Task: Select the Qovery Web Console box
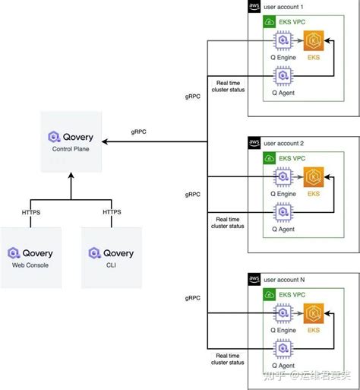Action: click(30, 257)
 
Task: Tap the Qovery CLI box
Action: click(111, 257)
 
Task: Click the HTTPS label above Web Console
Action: click(30, 211)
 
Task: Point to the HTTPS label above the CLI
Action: click(111, 211)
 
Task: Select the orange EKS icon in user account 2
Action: click(313, 178)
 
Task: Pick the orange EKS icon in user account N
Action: click(313, 314)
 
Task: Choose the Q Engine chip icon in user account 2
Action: click(283, 178)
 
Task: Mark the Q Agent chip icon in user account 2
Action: click(283, 214)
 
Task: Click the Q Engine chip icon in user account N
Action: click(283, 314)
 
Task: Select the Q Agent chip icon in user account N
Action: click(283, 350)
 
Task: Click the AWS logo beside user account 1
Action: click(254, 7)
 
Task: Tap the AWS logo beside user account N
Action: click(254, 280)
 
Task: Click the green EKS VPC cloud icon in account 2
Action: click(268, 158)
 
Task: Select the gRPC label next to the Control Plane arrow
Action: click(139, 132)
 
